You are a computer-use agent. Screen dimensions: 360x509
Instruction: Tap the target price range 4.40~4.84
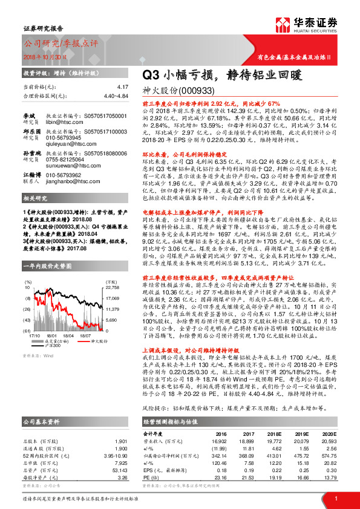[116, 96]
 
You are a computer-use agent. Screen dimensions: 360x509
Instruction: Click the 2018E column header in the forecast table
[275, 433]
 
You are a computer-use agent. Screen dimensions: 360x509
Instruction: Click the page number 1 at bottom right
[335, 498]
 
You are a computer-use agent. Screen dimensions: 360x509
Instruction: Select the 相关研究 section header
[34, 198]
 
